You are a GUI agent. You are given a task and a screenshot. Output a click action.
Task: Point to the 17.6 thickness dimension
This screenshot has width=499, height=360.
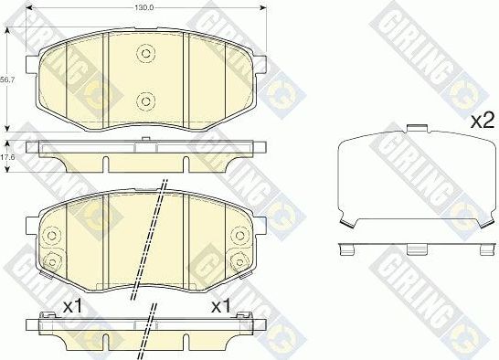tap(8, 157)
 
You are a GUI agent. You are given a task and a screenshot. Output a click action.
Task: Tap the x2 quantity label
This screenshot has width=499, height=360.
tap(481, 120)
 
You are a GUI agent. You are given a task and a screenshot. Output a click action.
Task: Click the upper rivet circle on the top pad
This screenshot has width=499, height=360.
tap(144, 54)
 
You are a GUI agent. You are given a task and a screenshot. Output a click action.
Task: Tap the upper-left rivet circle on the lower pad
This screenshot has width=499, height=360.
tap(51, 233)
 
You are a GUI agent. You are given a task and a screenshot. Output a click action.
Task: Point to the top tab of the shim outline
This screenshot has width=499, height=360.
tap(417, 129)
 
